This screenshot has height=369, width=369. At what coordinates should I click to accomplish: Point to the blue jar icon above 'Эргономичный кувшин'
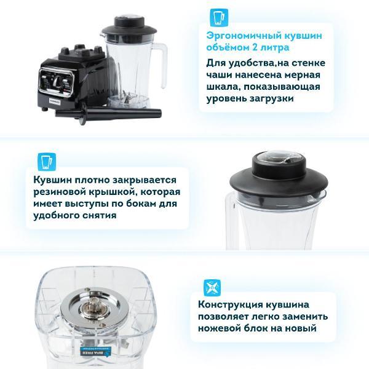pyautogui.click(x=215, y=16)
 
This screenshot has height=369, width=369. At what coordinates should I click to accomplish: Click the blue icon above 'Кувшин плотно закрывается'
pyautogui.click(x=44, y=161)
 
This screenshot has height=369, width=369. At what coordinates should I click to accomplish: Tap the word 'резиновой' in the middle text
pyautogui.click(x=61, y=192)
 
